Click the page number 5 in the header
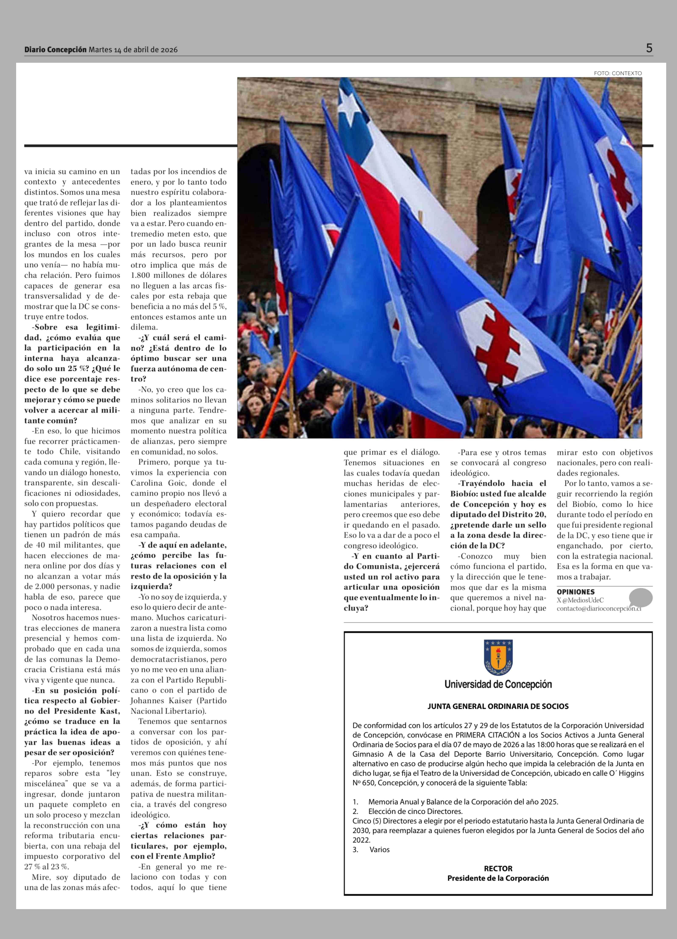point(649,48)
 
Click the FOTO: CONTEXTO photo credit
point(617,73)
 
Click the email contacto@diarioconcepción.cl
point(598,609)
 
